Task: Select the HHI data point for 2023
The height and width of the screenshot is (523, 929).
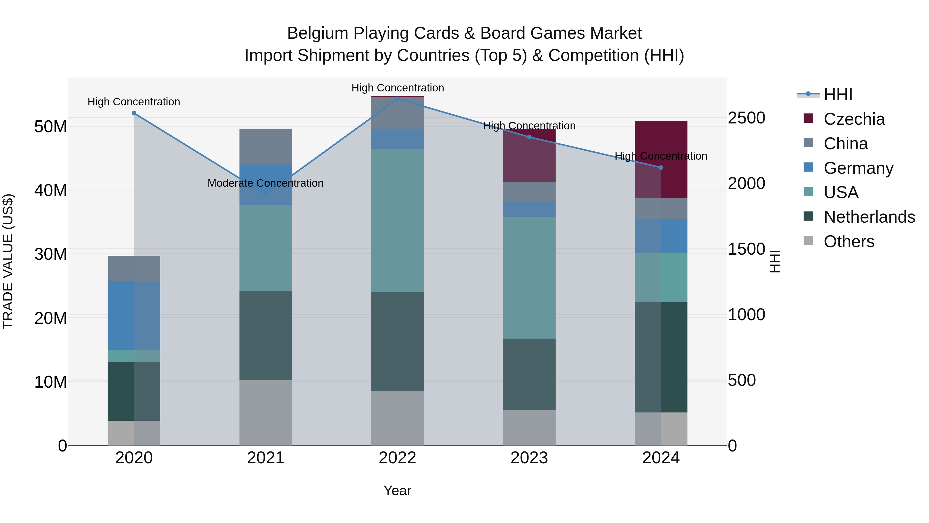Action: (x=529, y=137)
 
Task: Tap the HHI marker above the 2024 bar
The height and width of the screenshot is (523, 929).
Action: (x=661, y=167)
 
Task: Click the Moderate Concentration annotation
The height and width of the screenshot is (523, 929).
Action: (x=266, y=183)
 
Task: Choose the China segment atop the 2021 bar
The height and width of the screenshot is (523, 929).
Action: (x=266, y=146)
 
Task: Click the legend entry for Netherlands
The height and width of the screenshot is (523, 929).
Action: (x=869, y=217)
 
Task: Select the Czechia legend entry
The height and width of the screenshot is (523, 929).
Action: (x=854, y=119)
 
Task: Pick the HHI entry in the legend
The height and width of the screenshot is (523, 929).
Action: (x=838, y=95)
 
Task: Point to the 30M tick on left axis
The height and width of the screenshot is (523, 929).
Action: (x=51, y=254)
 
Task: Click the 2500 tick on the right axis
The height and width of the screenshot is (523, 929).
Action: (x=746, y=118)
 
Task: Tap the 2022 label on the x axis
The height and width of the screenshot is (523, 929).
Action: (x=397, y=458)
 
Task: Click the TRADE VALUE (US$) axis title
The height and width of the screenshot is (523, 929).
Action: (x=8, y=261)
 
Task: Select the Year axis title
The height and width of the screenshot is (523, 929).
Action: (x=397, y=490)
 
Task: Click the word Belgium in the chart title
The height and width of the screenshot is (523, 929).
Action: (x=317, y=33)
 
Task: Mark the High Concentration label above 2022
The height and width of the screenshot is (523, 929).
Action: (x=397, y=88)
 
